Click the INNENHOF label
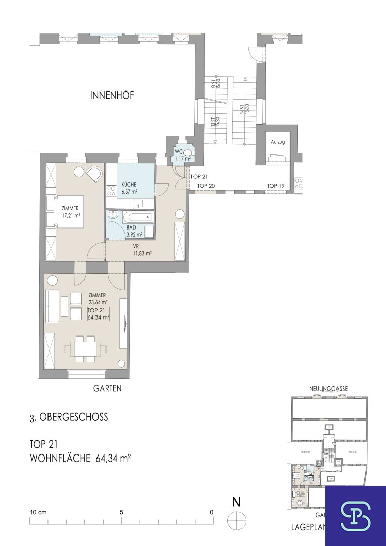(112, 95)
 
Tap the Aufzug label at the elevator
(278, 142)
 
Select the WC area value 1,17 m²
(182, 159)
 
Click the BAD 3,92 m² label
(134, 231)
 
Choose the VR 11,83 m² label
(142, 250)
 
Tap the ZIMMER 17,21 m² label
(71, 211)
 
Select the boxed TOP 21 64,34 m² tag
(99, 314)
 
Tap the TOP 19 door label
(276, 186)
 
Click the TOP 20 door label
(206, 186)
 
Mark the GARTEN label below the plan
(107, 388)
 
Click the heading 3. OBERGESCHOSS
(68, 418)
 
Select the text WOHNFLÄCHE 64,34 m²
(80, 459)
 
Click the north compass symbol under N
(236, 519)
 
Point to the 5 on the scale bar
(121, 512)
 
